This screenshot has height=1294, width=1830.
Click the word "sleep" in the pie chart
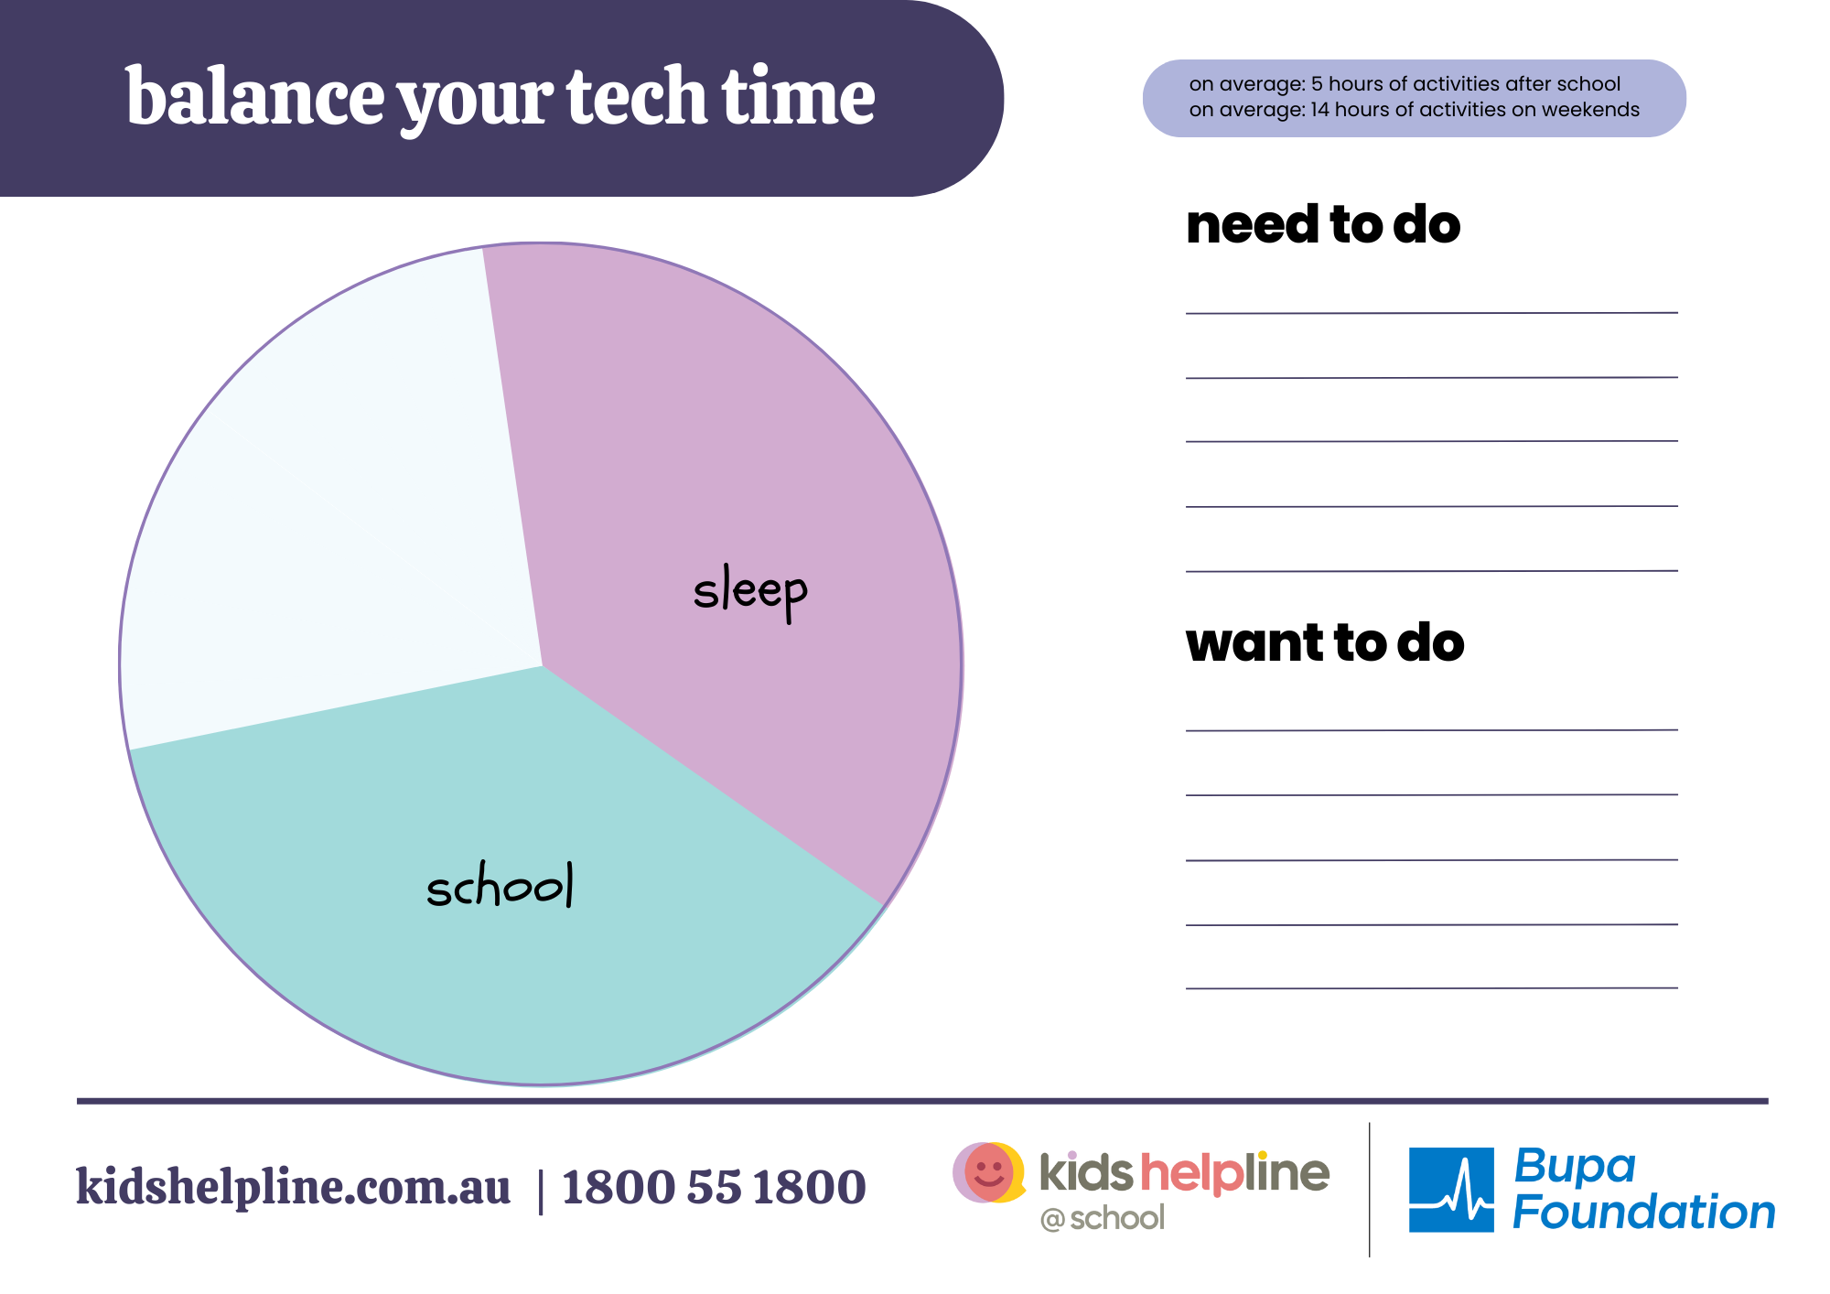click(x=750, y=591)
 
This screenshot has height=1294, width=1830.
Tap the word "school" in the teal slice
click(x=501, y=885)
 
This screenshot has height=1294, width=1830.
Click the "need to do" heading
click(x=1323, y=225)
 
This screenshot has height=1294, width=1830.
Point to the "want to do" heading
click(x=1325, y=642)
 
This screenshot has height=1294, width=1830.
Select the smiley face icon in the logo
click(x=989, y=1172)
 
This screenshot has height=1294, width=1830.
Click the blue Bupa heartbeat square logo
click(x=1451, y=1190)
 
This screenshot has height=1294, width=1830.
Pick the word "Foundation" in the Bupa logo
click(x=1643, y=1212)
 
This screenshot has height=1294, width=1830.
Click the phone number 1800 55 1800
click(x=714, y=1188)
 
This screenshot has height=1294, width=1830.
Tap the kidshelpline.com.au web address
click(x=293, y=1188)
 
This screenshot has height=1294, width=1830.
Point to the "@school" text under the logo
click(x=1103, y=1218)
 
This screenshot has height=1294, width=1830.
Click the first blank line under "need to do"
click(x=1432, y=313)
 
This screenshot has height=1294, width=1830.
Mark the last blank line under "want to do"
click(x=1432, y=988)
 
